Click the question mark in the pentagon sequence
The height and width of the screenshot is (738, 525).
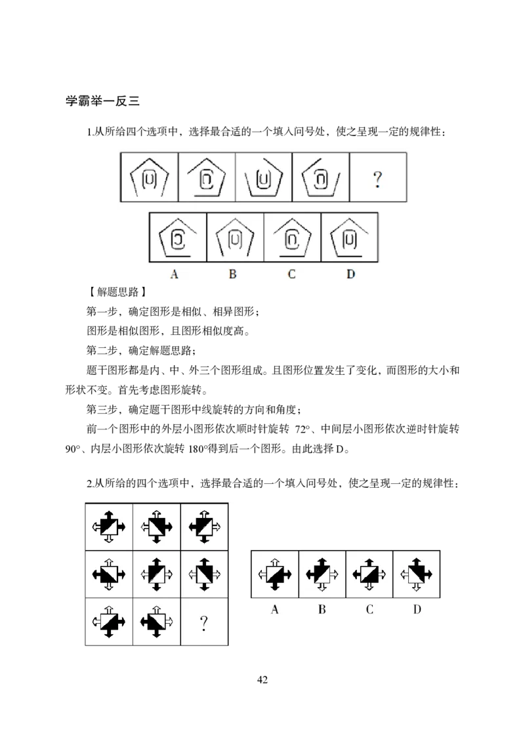tap(377, 179)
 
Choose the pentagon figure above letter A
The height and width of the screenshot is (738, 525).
tap(177, 237)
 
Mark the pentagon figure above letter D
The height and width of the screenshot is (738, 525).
tap(350, 237)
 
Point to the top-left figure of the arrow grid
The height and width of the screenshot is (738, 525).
tap(108, 526)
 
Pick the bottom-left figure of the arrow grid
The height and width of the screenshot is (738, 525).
tap(108, 622)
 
